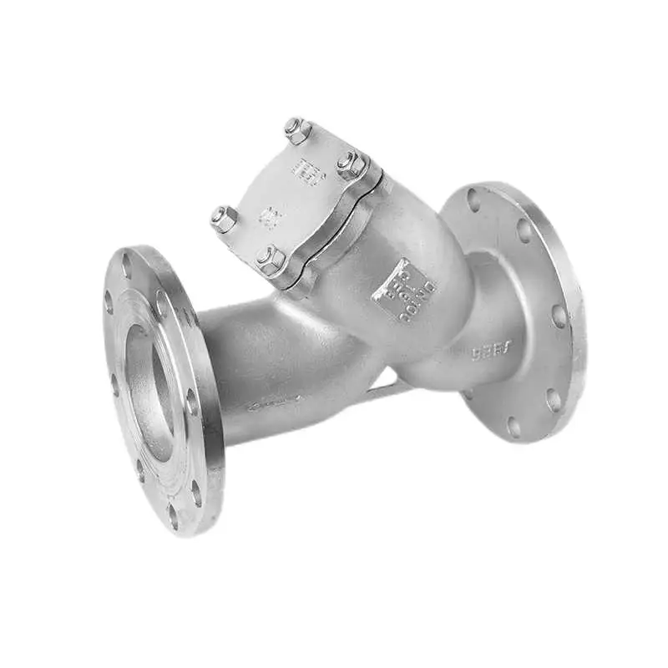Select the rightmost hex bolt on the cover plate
coord(352,164)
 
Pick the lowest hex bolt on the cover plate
coord(270,260)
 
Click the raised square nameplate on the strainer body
coord(404,290)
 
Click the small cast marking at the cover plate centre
coord(269,218)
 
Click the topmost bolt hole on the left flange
coord(127,265)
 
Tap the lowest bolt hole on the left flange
coord(173,515)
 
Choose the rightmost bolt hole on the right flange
coord(559,316)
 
